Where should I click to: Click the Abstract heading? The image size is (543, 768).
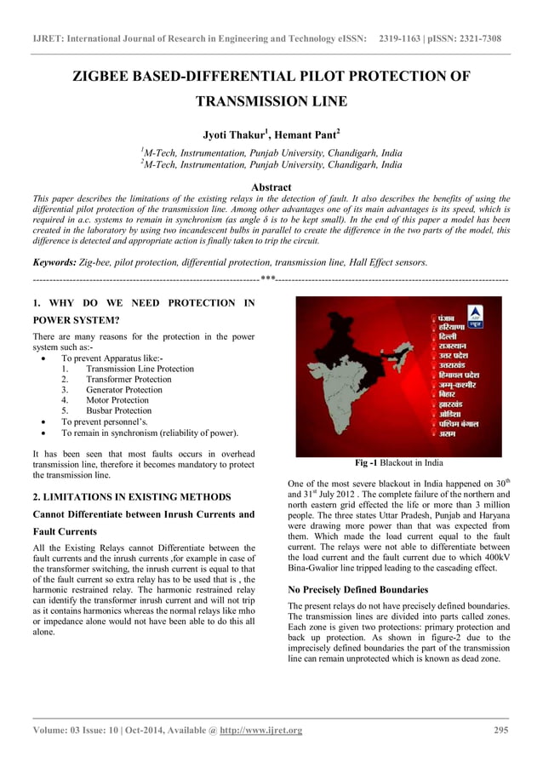(x=271, y=186)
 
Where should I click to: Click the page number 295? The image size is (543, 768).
(x=502, y=730)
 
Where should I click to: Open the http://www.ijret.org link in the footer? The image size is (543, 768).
(x=260, y=730)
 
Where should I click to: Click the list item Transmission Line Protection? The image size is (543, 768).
(x=140, y=369)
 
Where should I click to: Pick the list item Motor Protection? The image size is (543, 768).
(x=117, y=399)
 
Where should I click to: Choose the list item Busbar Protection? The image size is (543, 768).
(x=118, y=410)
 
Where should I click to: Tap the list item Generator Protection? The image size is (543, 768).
(x=123, y=389)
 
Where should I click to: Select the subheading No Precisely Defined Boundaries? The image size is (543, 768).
(x=357, y=589)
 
